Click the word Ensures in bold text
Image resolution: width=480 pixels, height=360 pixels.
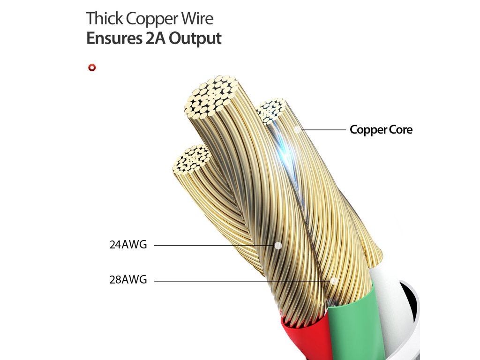tap(112, 38)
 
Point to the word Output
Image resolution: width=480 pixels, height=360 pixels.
tap(195, 38)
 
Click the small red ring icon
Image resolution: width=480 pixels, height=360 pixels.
tap(92, 68)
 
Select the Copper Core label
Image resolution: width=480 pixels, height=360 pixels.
tap(381, 130)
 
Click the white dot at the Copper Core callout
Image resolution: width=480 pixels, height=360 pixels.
tap(298, 129)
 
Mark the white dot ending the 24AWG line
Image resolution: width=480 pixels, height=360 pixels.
tap(278, 245)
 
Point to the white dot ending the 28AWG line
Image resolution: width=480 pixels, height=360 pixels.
tap(334, 281)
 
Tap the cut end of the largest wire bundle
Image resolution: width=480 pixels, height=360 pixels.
tap(212, 96)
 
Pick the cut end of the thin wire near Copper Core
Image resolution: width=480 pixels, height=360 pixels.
tap(270, 110)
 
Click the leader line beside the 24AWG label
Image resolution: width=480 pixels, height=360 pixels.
tap(211, 245)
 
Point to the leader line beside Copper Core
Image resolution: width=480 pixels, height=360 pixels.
tap(323, 130)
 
